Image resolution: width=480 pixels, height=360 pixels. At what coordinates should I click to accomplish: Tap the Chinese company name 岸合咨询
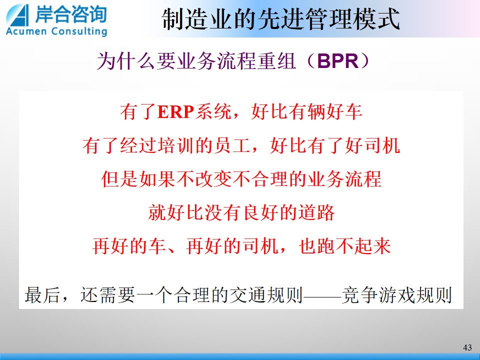[71, 14]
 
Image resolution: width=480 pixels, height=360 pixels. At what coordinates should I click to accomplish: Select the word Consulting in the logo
[79, 32]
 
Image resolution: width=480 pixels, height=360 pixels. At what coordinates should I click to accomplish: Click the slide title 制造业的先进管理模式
[280, 19]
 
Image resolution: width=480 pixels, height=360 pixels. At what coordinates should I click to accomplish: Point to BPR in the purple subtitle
[337, 60]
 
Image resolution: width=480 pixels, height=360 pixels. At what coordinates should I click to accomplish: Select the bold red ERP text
[175, 111]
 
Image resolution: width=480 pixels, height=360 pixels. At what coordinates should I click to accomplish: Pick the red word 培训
[176, 145]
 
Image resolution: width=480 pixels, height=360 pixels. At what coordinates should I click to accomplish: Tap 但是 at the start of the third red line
[119, 179]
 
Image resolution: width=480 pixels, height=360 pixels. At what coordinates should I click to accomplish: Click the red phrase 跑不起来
[354, 246]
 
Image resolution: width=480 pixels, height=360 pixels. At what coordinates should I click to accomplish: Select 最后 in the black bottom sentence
[43, 295]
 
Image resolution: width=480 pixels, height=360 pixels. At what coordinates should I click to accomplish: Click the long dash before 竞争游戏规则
[322, 295]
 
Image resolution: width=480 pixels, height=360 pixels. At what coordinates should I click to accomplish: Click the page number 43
[467, 347]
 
